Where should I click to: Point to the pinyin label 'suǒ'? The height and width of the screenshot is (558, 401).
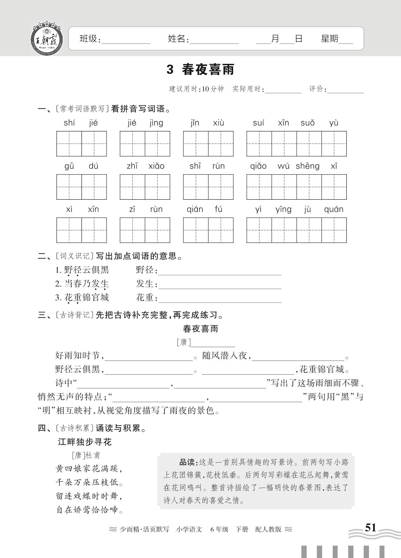click(307, 123)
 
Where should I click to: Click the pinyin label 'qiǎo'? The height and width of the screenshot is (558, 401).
click(258, 166)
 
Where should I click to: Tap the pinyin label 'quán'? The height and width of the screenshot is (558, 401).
click(333, 209)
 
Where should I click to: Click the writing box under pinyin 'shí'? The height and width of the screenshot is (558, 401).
click(69, 144)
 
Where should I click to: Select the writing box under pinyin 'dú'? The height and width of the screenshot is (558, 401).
click(94, 187)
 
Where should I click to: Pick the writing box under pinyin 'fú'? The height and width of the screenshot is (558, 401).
click(221, 230)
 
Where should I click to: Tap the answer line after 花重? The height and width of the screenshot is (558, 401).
click(220, 300)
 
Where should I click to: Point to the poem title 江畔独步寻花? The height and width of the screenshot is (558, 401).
click(84, 442)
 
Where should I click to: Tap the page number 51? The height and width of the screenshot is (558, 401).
click(370, 528)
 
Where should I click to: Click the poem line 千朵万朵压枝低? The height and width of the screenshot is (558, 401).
click(89, 482)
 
